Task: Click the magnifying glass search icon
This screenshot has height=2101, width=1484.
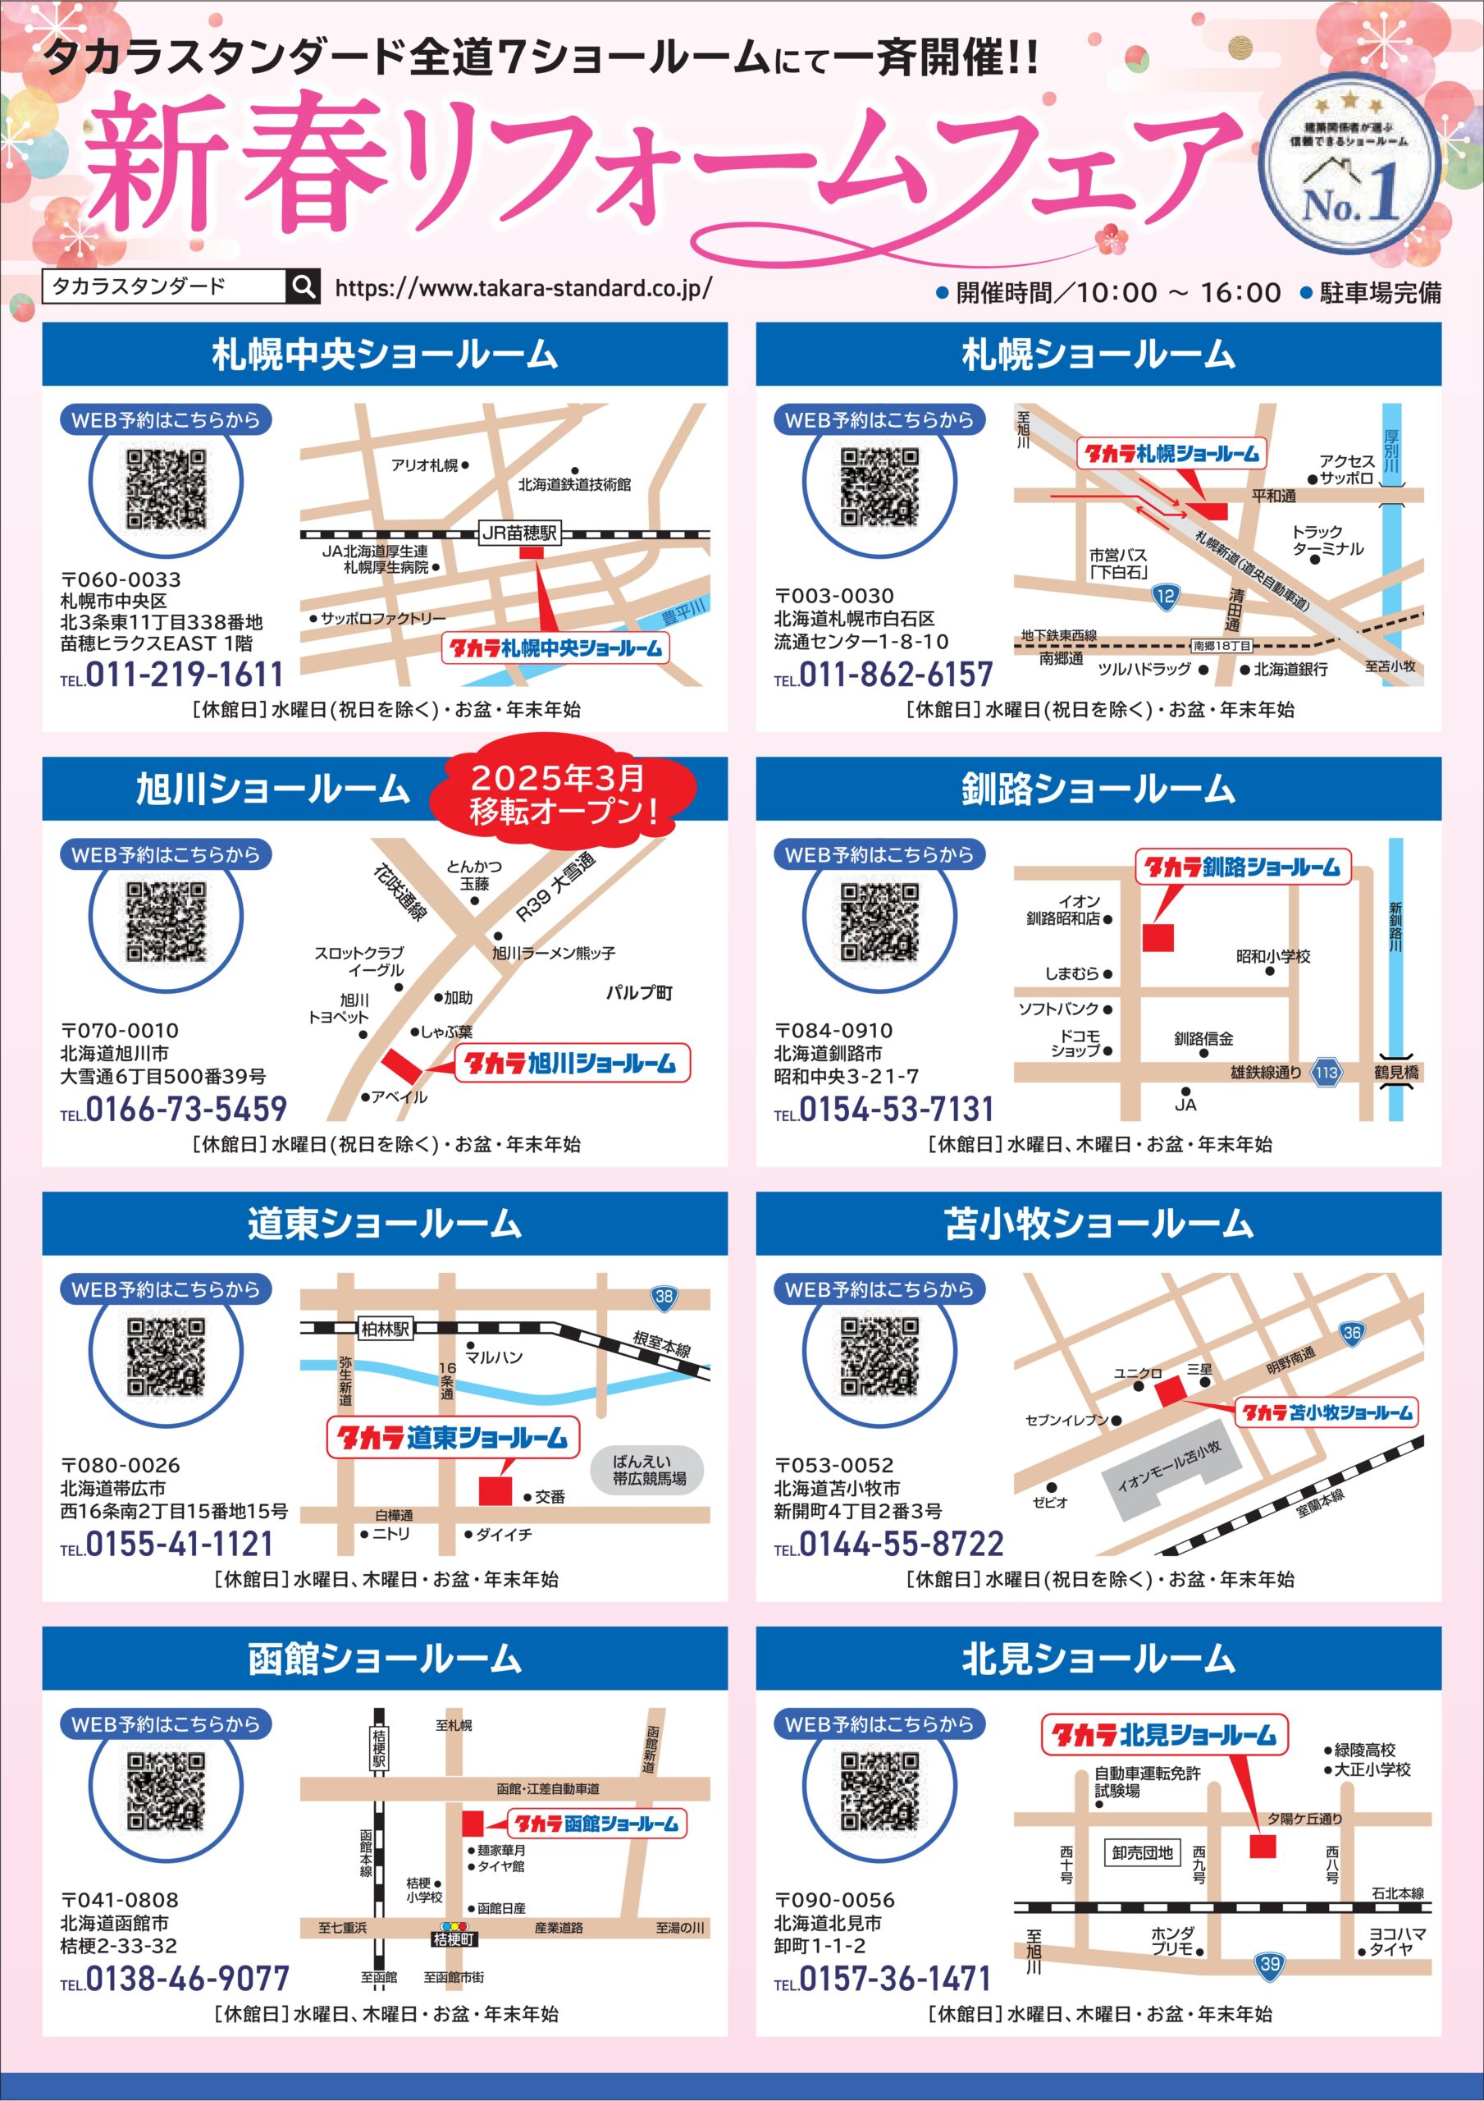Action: (304, 286)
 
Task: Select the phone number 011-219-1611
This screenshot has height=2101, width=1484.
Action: (184, 675)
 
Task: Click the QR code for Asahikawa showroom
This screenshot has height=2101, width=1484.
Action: (166, 922)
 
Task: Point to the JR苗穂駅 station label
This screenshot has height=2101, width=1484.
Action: (518, 533)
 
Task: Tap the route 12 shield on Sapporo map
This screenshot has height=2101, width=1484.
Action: (1165, 597)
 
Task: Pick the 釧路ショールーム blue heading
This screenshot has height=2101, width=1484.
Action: (1098, 789)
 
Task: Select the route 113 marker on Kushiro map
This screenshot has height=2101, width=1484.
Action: (1326, 1073)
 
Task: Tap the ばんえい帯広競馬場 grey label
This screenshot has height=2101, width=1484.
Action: (649, 1470)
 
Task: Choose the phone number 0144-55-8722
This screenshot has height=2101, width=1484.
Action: (902, 1545)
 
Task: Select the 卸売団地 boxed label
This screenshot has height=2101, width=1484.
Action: (1142, 1853)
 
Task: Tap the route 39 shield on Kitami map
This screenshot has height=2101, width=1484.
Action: (1270, 1964)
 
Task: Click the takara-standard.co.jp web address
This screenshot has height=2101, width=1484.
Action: (523, 287)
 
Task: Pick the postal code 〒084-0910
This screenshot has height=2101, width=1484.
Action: (833, 1030)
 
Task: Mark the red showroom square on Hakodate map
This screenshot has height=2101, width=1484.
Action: (472, 1823)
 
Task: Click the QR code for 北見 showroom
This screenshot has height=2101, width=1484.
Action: (879, 1792)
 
